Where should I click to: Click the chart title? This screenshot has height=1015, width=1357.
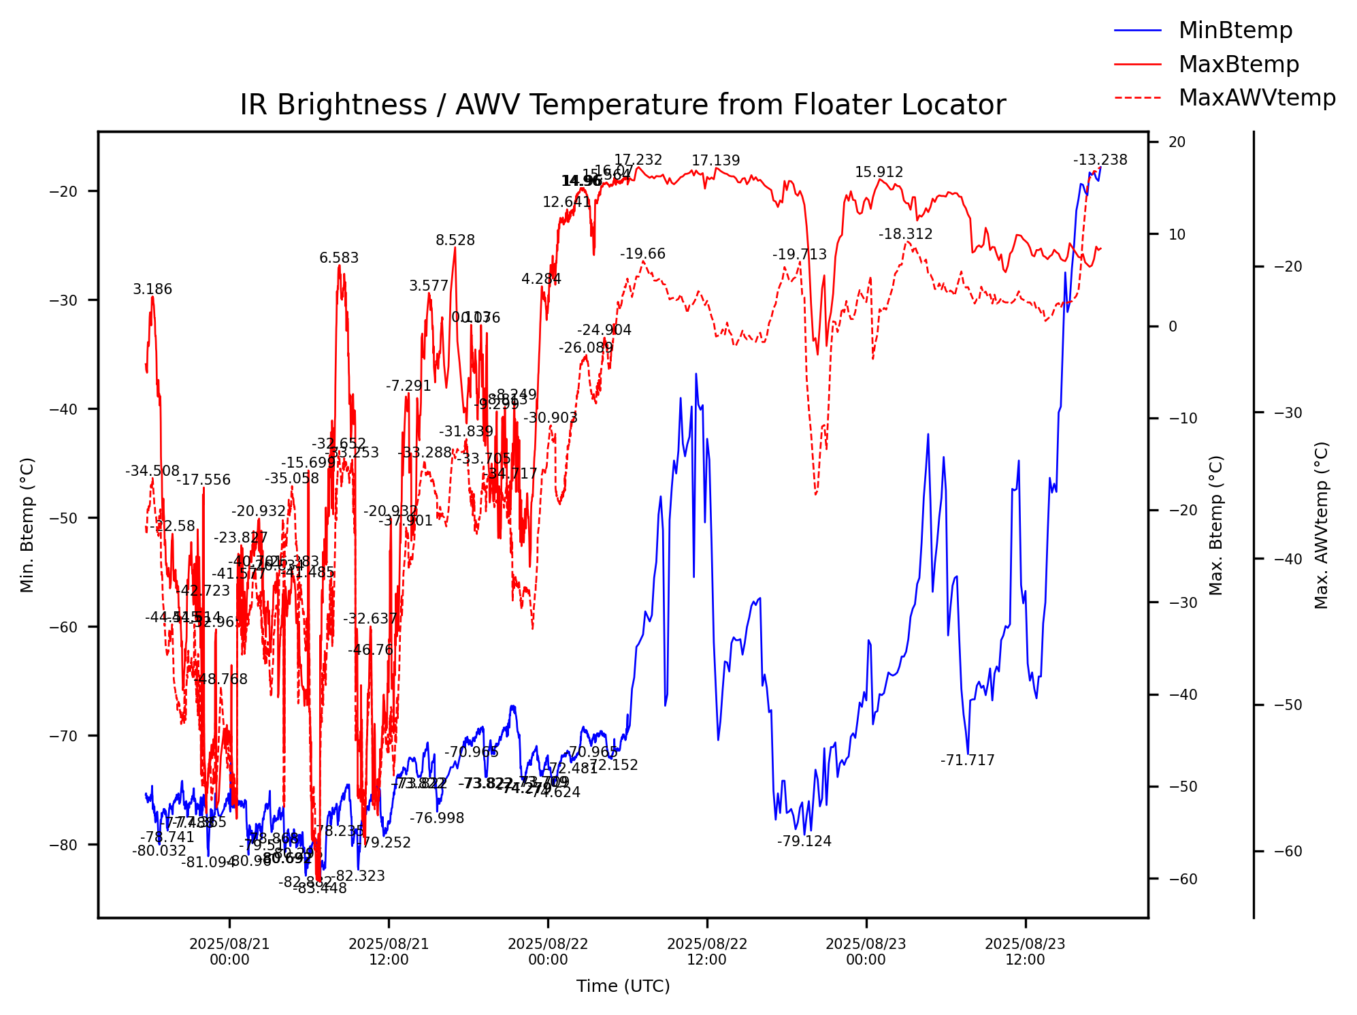coord(623,106)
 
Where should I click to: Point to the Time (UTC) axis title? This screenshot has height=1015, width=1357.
coord(623,986)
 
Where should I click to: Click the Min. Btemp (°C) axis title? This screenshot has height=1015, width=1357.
coord(27,525)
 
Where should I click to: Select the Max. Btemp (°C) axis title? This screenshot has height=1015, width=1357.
coord(1216,525)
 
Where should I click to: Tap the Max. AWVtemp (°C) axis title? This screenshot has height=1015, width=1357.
coord(1321,525)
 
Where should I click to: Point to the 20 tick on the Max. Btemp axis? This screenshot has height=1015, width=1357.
coord(1177,142)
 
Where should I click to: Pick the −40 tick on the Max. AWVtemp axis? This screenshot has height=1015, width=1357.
coord(1283,559)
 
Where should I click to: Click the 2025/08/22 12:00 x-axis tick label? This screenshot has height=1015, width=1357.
coord(707,952)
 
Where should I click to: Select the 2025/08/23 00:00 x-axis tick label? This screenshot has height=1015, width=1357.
coord(866,952)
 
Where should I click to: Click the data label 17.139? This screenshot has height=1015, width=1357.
coord(715,161)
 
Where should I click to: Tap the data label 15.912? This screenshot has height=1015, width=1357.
coord(879,172)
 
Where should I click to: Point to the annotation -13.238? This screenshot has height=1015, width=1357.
coord(1100,160)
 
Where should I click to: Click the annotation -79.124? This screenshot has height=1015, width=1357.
coord(804,841)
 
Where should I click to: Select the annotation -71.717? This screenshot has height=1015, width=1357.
coord(967,760)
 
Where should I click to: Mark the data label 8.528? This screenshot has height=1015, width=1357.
coord(455,240)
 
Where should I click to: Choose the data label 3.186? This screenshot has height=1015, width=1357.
coord(152,289)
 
